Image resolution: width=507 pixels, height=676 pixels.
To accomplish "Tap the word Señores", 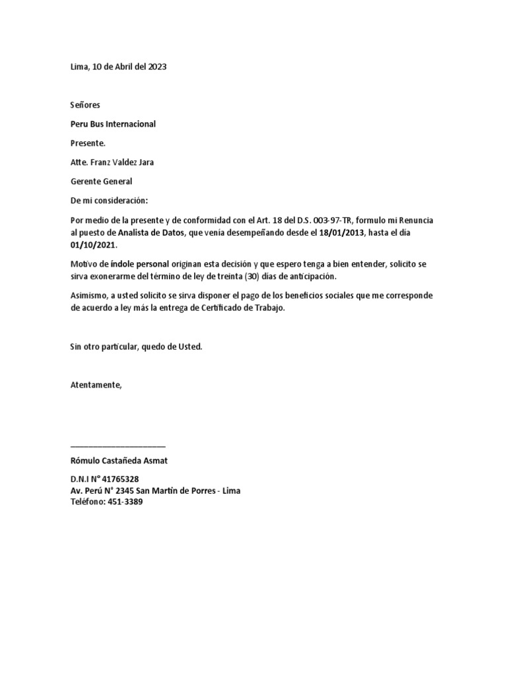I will coord(85,105).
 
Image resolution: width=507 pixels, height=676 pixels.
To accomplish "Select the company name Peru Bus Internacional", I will coord(113,124).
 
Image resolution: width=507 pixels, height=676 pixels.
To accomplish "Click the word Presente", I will coord(87,143).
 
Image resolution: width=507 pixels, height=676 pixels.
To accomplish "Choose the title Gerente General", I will coord(101,181).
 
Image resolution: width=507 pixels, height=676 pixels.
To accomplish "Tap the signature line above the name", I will coord(118,447).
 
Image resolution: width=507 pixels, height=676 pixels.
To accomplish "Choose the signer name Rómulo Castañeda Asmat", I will coord(119,460).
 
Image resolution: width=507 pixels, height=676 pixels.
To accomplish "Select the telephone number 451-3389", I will coord(124,502).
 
